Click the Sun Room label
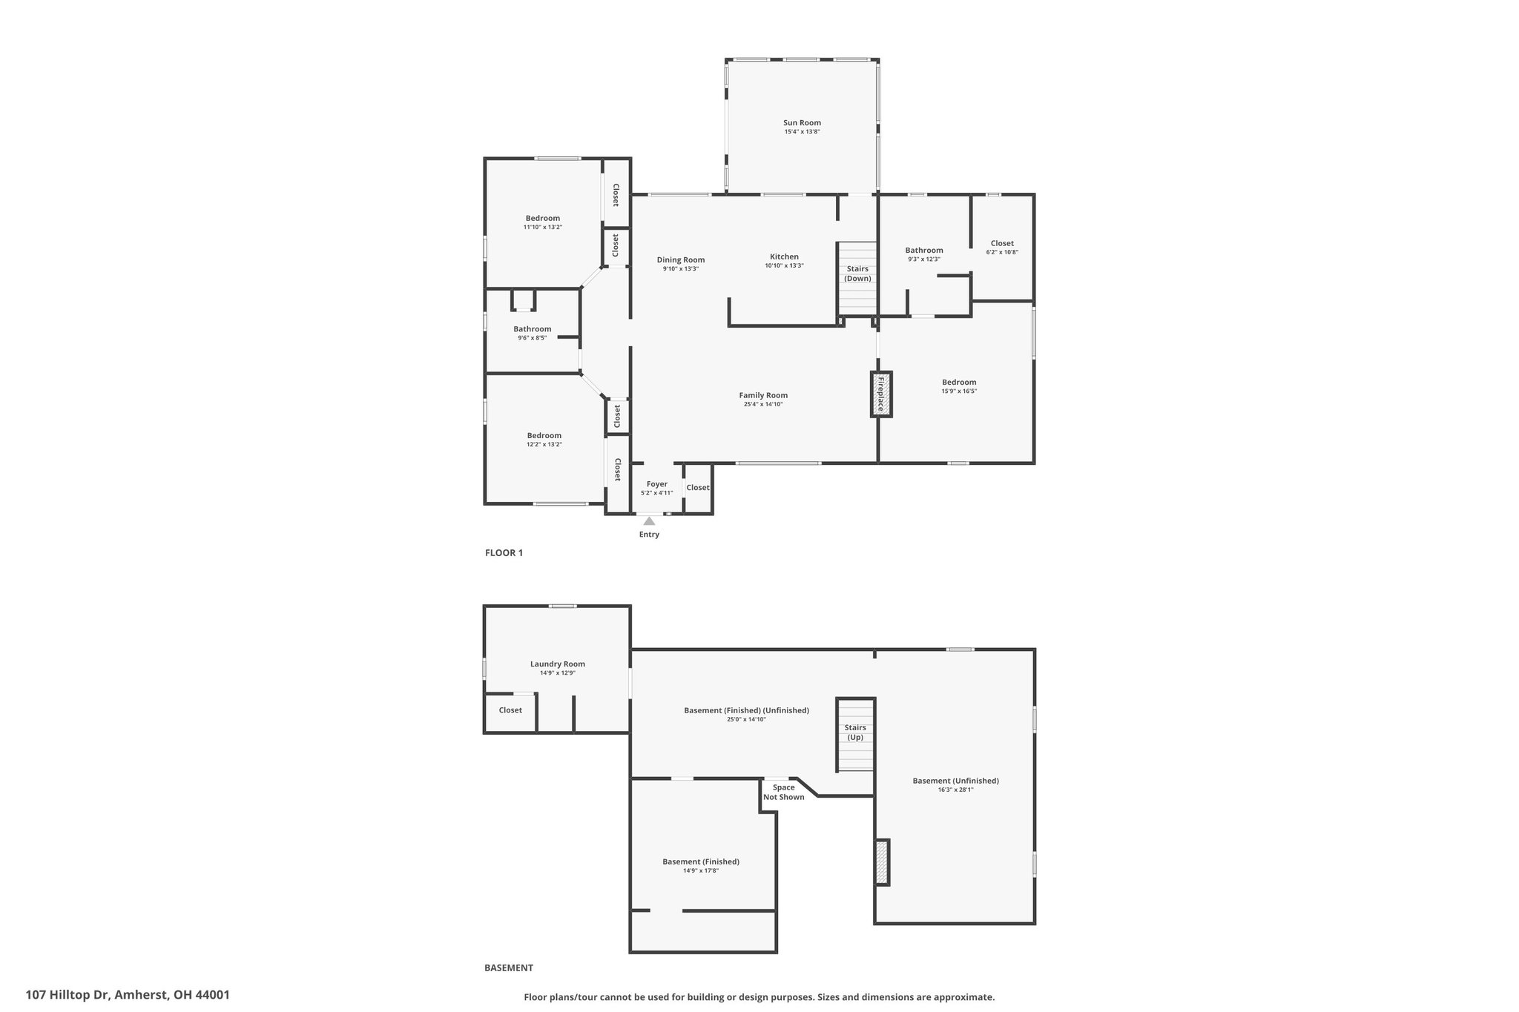(802, 123)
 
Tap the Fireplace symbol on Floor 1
(881, 394)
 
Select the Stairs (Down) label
(857, 274)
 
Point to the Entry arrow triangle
(649, 520)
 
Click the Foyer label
(657, 484)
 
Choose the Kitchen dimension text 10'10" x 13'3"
(784, 265)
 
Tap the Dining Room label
(681, 259)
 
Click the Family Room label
(763, 395)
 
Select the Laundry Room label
(558, 664)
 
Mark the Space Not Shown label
(784, 793)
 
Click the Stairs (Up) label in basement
(855, 732)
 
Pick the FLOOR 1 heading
(504, 552)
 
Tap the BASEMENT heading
(509, 968)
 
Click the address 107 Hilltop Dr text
(68, 995)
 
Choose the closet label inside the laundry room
(510, 710)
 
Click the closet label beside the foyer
(698, 487)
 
